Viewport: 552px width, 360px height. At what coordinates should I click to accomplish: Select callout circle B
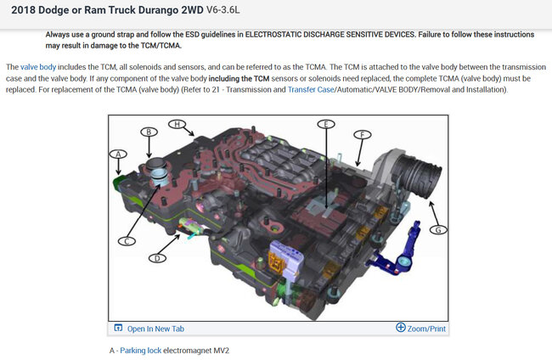pyautogui.click(x=149, y=132)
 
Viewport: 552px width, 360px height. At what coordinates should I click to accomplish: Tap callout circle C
pyautogui.click(x=127, y=241)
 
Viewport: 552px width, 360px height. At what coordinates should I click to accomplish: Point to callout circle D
pyautogui.click(x=156, y=258)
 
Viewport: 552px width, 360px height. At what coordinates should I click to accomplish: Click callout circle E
pyautogui.click(x=325, y=125)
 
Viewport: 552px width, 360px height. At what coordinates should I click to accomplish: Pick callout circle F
pyautogui.click(x=362, y=135)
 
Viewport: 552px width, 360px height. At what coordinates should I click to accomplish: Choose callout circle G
pyautogui.click(x=438, y=229)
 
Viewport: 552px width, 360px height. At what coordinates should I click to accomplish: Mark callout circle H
pyautogui.click(x=177, y=124)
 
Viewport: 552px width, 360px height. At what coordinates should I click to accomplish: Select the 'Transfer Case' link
pyautogui.click(x=315, y=89)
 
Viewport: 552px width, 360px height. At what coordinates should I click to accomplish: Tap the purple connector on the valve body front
pyautogui.click(x=280, y=256)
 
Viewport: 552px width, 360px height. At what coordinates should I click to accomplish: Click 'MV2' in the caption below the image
pyautogui.click(x=220, y=350)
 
